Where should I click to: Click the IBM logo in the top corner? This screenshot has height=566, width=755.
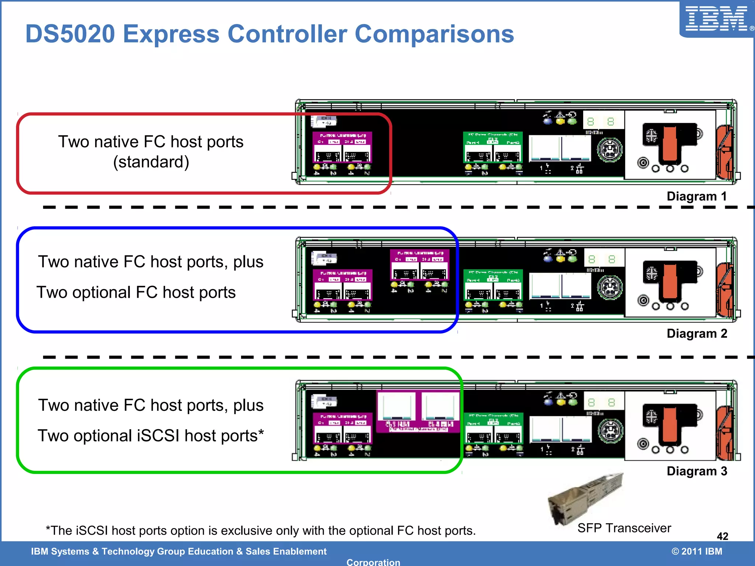pos(717,19)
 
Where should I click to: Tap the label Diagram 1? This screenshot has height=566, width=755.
pos(696,196)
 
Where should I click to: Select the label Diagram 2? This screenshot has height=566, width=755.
pos(696,333)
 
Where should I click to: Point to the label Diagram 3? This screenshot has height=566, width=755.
pos(696,471)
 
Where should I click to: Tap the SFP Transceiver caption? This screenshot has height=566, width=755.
pos(624,528)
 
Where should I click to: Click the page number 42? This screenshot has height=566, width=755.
pos(722,536)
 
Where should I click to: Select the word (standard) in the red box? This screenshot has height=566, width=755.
pos(151,162)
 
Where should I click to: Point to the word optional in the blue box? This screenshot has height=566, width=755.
pos(101,292)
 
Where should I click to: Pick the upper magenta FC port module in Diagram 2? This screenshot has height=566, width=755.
pos(420,265)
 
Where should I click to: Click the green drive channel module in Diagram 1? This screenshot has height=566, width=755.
pos(493,147)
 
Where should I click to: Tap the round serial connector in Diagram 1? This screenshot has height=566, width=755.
pos(609,150)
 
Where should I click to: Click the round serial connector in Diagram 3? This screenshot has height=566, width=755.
pos(610,431)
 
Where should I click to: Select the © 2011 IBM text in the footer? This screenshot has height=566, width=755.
pos(696,551)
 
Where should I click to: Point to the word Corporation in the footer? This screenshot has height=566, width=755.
pos(373,562)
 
